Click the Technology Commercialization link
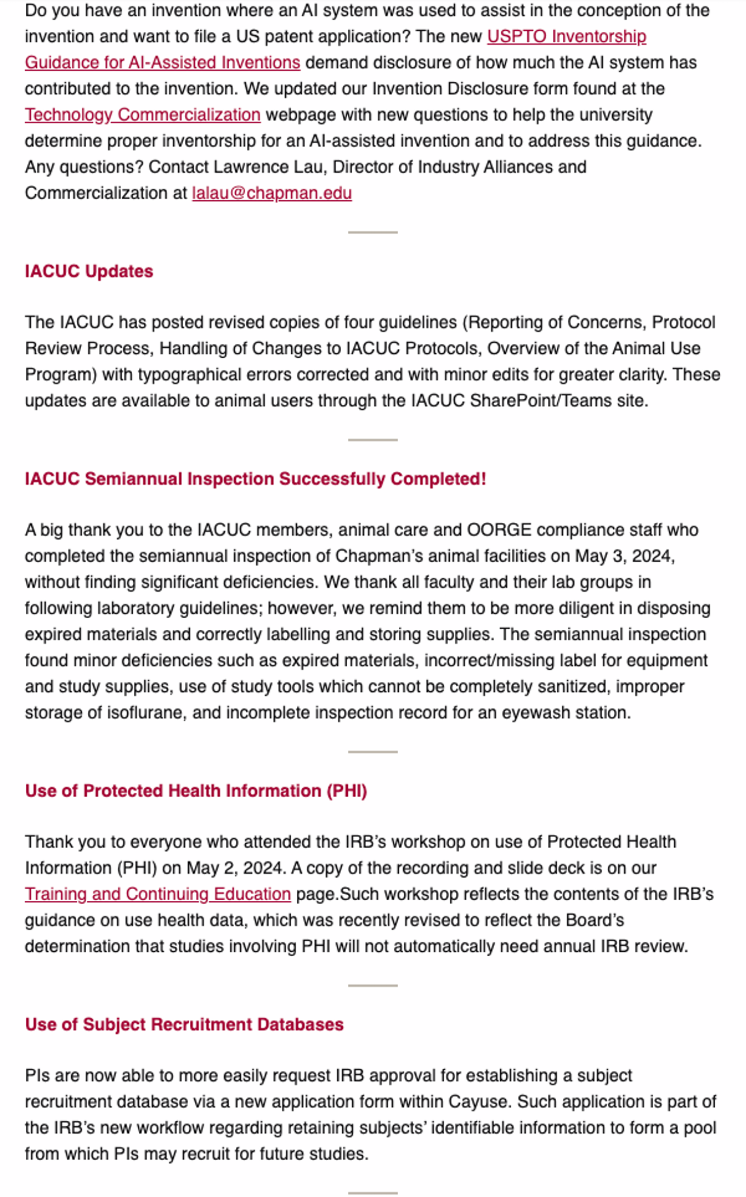coord(143,115)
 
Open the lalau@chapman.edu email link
coord(272,193)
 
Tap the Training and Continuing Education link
coord(157,894)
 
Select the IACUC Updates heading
coord(89,271)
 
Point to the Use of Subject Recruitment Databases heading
coord(184,1024)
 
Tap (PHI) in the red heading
coord(347,791)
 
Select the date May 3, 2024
coord(624,556)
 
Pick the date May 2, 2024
coord(235,868)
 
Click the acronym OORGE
coord(499,530)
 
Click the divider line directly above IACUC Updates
coord(372,232)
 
